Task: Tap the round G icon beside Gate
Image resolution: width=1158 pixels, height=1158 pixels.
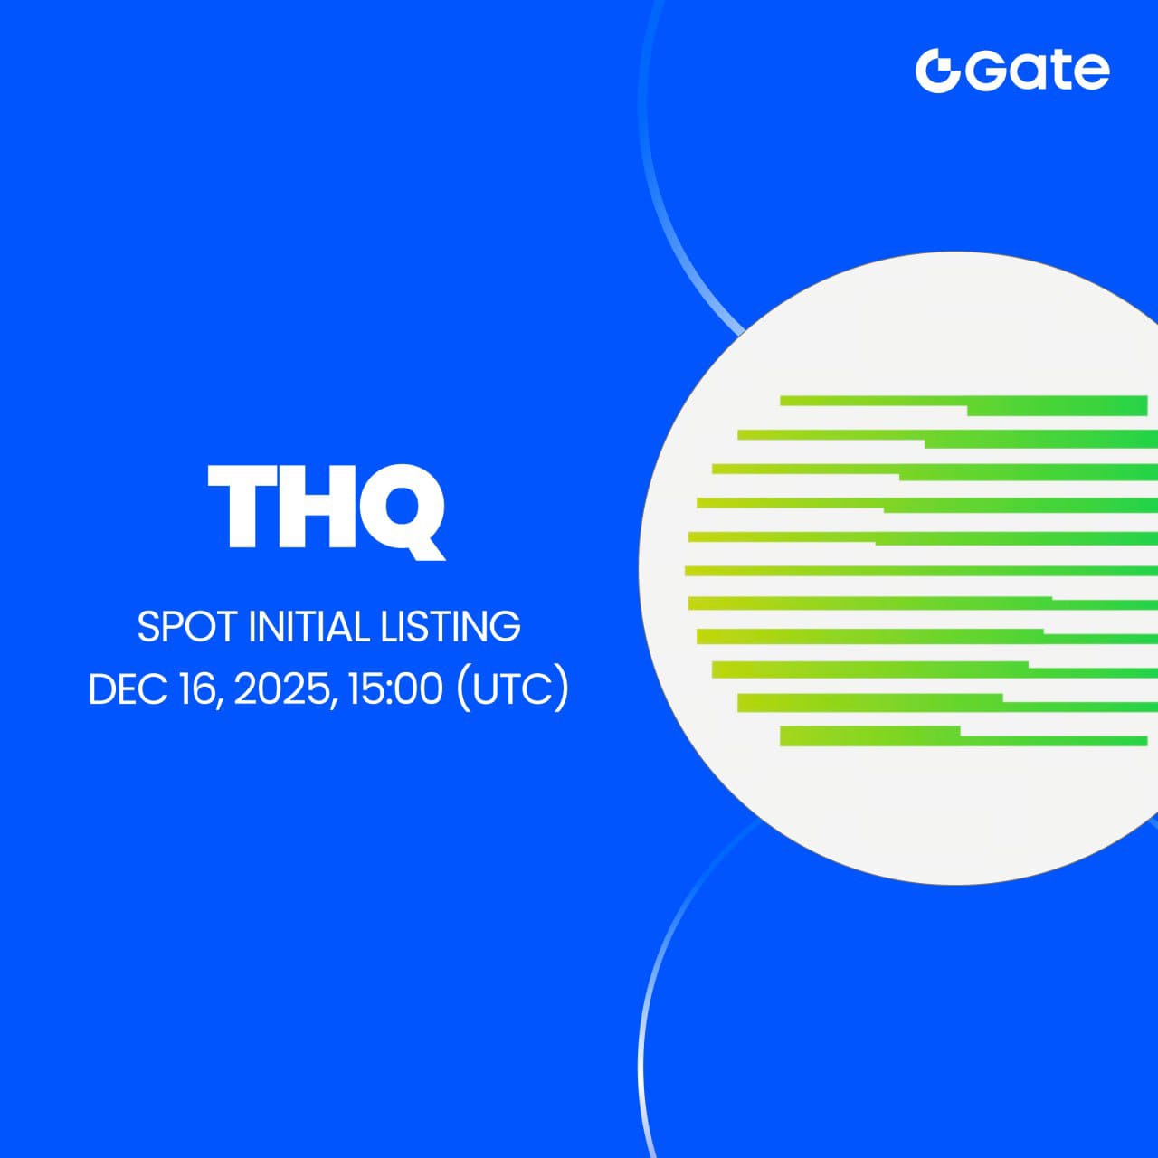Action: point(937,71)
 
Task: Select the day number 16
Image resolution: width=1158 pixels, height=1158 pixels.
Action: point(197,689)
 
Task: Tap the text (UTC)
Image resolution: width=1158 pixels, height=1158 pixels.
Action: point(513,689)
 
